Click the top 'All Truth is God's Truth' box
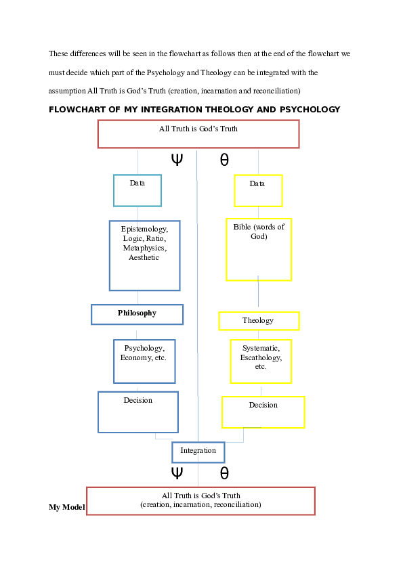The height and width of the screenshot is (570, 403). (198, 134)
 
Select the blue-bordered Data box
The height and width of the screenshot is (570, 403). (137, 190)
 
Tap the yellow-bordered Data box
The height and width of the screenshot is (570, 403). (258, 190)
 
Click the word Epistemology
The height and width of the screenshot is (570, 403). (144, 229)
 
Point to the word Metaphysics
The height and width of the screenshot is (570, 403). (144, 248)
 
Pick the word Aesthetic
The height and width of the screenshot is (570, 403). (144, 258)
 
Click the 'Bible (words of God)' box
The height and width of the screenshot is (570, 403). (259, 249)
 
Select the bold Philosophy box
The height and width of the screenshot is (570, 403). (137, 314)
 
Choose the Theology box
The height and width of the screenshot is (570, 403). (259, 321)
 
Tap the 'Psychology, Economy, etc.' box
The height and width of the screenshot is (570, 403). (144, 361)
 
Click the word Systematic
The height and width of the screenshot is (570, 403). (261, 349)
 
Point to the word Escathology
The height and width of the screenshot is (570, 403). (261, 358)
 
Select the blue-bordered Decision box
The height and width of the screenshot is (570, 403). (138, 412)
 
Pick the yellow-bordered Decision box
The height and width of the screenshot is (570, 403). (263, 412)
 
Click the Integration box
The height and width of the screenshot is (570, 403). (198, 452)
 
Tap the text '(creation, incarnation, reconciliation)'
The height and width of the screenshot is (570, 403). (200, 505)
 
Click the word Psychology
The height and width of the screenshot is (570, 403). (144, 349)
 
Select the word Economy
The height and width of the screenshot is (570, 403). (135, 358)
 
